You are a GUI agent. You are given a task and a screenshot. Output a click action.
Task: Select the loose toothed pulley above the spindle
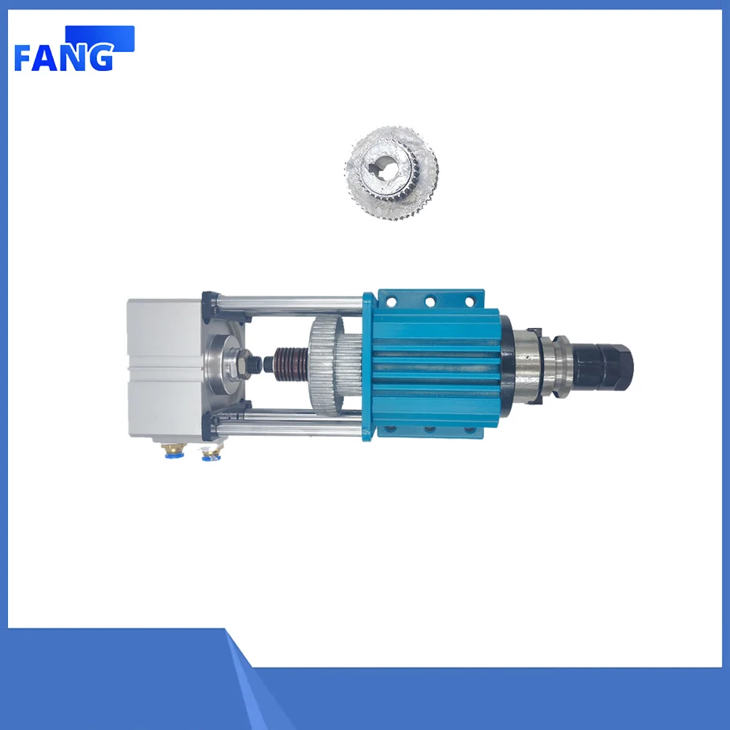[x=392, y=173]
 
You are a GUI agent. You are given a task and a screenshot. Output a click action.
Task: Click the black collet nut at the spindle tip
[x=603, y=363]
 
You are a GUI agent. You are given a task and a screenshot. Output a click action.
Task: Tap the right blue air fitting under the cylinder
[x=210, y=453]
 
